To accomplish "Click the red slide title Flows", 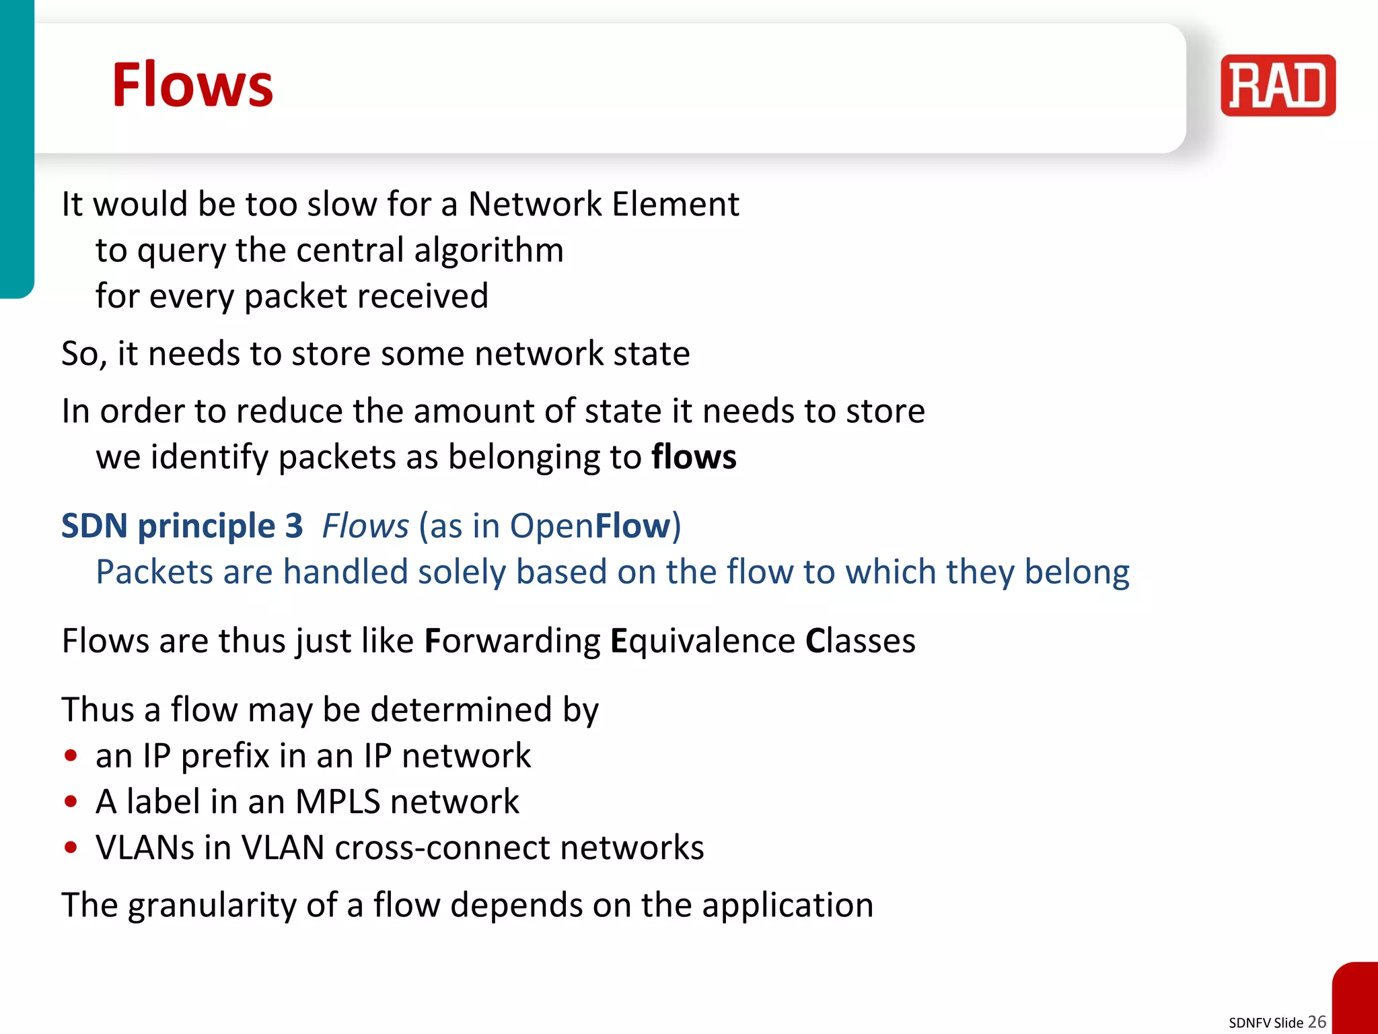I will (x=192, y=85).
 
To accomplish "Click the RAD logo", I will (x=1277, y=85).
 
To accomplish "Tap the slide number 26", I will (x=1317, y=1021).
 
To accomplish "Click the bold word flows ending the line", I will (x=694, y=457).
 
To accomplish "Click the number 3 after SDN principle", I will (x=293, y=526).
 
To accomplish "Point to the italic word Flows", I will (x=365, y=526).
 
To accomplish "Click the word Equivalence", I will (x=702, y=641).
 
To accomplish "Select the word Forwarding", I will (x=512, y=641).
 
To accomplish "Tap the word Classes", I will (x=860, y=641).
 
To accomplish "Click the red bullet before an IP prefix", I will (x=71, y=755).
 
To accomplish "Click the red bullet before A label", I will (x=71, y=802).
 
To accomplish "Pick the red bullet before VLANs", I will (x=71, y=848).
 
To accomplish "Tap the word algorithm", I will (x=488, y=250).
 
